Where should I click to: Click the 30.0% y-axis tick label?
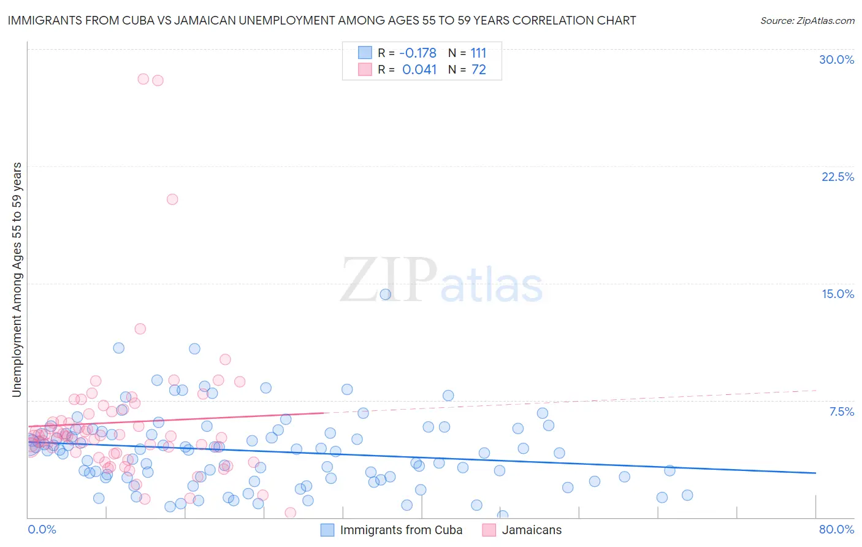836,60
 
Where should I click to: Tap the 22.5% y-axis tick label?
837,177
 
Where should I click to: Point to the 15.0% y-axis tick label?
837,294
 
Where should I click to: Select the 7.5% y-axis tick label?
841,412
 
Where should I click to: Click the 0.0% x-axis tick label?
42,530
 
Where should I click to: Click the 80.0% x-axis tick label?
836,530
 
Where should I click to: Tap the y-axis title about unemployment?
17,280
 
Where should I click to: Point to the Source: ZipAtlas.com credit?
807,21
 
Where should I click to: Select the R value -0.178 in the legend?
418,53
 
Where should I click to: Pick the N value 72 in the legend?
478,70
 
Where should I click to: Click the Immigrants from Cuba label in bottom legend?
401,530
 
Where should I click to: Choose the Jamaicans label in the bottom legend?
532,530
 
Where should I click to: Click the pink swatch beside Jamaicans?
489,530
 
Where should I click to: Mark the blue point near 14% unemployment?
385,294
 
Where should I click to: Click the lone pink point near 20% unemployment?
172,199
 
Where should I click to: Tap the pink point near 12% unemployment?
140,329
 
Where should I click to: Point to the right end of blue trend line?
815,473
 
